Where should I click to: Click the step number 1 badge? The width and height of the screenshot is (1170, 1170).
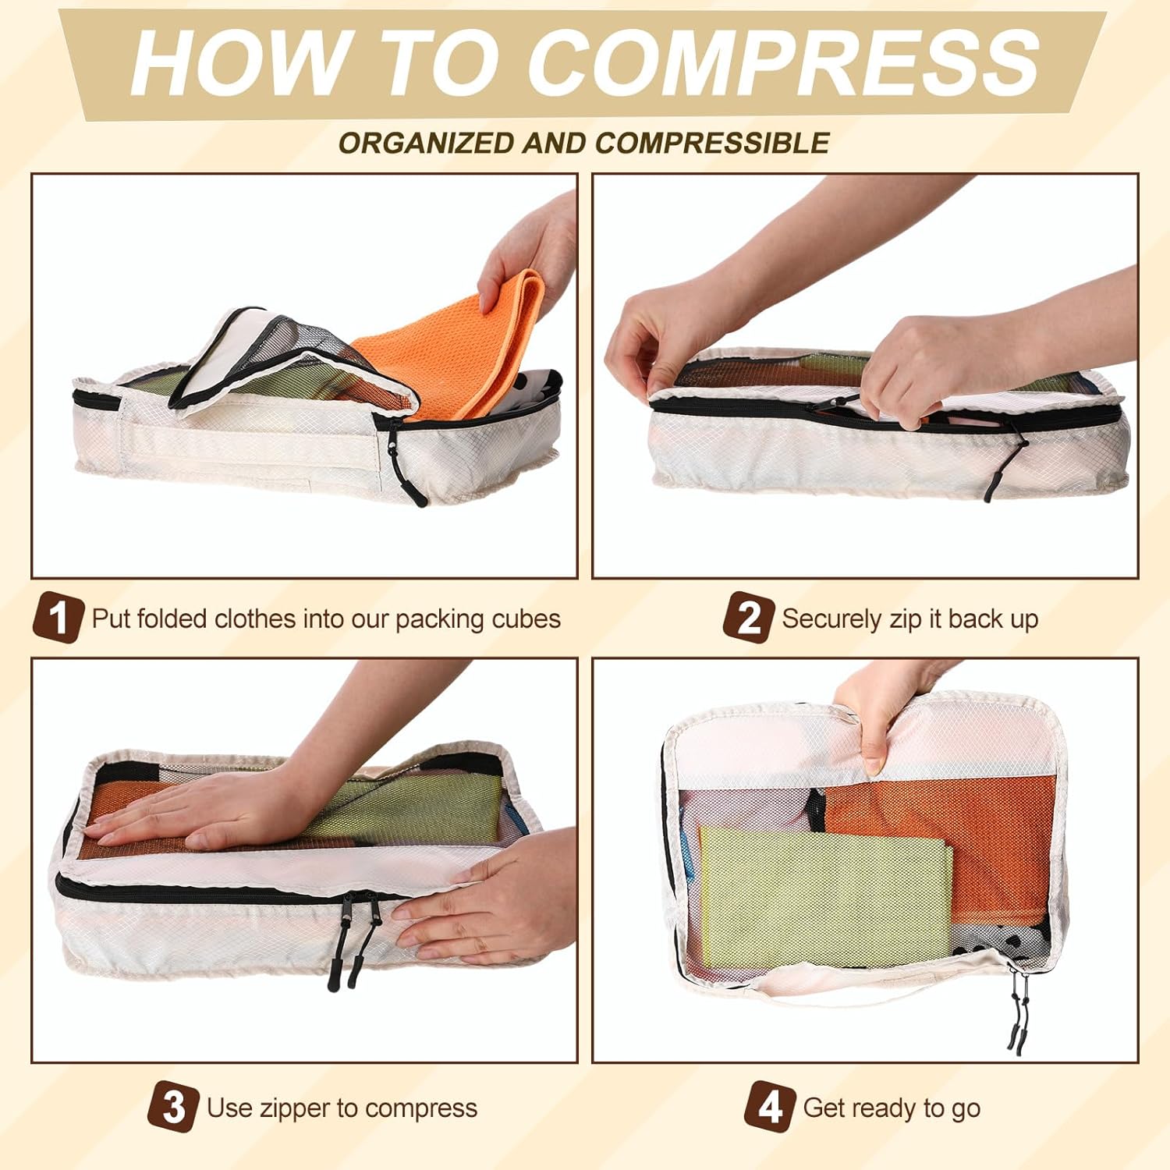(x=58, y=618)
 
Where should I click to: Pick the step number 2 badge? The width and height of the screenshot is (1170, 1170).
(x=748, y=618)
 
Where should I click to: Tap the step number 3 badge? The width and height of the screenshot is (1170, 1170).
(x=173, y=1106)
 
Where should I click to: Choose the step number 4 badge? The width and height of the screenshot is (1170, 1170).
(x=769, y=1106)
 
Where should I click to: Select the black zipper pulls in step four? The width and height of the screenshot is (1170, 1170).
(x=1019, y=1010)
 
